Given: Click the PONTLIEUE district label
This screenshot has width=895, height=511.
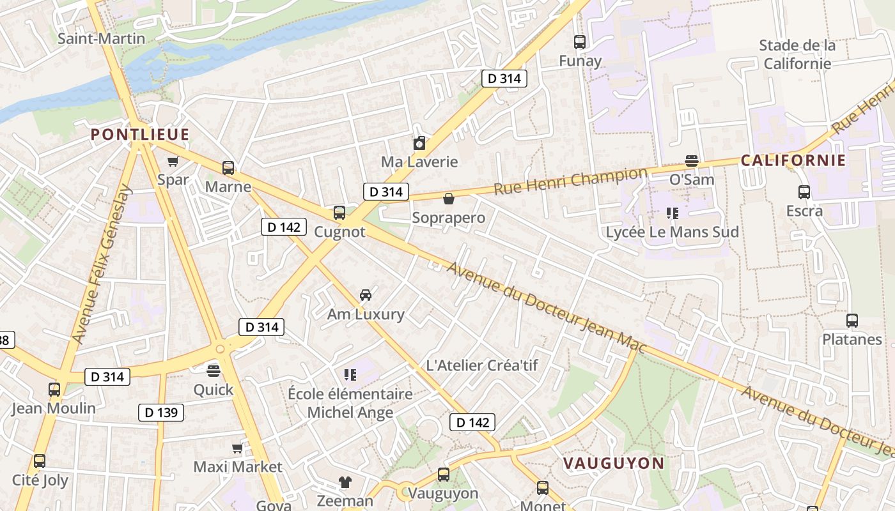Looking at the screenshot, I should (140, 135).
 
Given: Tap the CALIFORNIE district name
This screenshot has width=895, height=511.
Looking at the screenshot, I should (793, 160).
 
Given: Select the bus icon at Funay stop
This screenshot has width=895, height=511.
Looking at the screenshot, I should (580, 42).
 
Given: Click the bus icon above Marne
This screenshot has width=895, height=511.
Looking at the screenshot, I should (228, 168).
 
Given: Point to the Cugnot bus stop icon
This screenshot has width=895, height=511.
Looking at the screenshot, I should (339, 213).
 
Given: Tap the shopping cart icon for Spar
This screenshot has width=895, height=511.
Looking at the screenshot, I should (173, 161).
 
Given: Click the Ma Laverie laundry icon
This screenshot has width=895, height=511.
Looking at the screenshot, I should (419, 143).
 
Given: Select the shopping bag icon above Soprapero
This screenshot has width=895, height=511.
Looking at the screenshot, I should (449, 199).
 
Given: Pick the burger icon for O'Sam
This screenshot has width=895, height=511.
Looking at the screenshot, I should (691, 160).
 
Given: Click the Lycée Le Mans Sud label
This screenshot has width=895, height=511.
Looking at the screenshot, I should (672, 232).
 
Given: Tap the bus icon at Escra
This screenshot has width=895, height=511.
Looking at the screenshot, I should (804, 192).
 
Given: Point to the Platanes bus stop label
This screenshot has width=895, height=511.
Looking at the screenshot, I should (852, 339).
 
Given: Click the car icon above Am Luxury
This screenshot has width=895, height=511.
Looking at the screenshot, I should (366, 294).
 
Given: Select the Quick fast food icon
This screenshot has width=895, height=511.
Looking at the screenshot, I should (214, 370).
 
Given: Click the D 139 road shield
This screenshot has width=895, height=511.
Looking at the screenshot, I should (161, 413).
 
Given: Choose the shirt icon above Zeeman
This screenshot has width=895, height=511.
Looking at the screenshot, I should (345, 482).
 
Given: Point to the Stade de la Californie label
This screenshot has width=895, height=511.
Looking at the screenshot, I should (797, 54).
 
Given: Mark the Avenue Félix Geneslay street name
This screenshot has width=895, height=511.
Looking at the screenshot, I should (102, 264).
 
